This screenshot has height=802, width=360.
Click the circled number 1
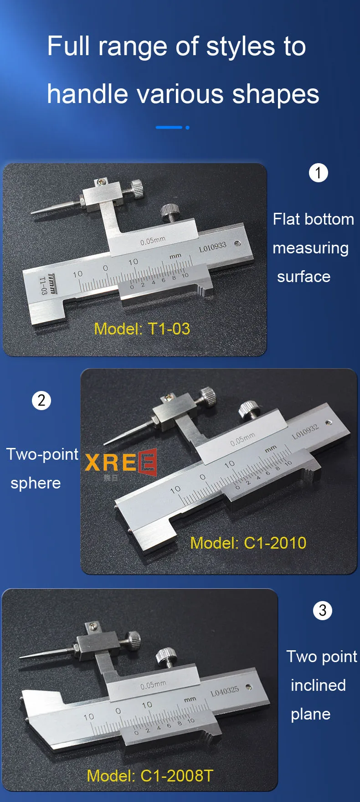pyautogui.click(x=318, y=173)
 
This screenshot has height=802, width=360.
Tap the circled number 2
pyautogui.click(x=41, y=401)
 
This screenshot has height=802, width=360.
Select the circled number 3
pyautogui.click(x=323, y=610)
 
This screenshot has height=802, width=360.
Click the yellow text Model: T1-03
pyautogui.click(x=142, y=329)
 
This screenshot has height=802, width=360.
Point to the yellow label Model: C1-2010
pyautogui.click(x=248, y=543)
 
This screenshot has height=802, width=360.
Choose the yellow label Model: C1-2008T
pyautogui.click(x=150, y=776)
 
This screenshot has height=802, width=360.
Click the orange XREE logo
pyautogui.click(x=121, y=463)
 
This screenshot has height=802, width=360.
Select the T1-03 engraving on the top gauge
pyautogui.click(x=42, y=286)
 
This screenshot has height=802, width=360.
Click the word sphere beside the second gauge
pyautogui.click(x=36, y=483)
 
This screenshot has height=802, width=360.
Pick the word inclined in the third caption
pyautogui.click(x=318, y=685)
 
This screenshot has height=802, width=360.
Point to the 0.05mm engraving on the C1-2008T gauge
pyautogui.click(x=153, y=685)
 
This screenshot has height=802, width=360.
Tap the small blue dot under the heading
pyautogui.click(x=187, y=128)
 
